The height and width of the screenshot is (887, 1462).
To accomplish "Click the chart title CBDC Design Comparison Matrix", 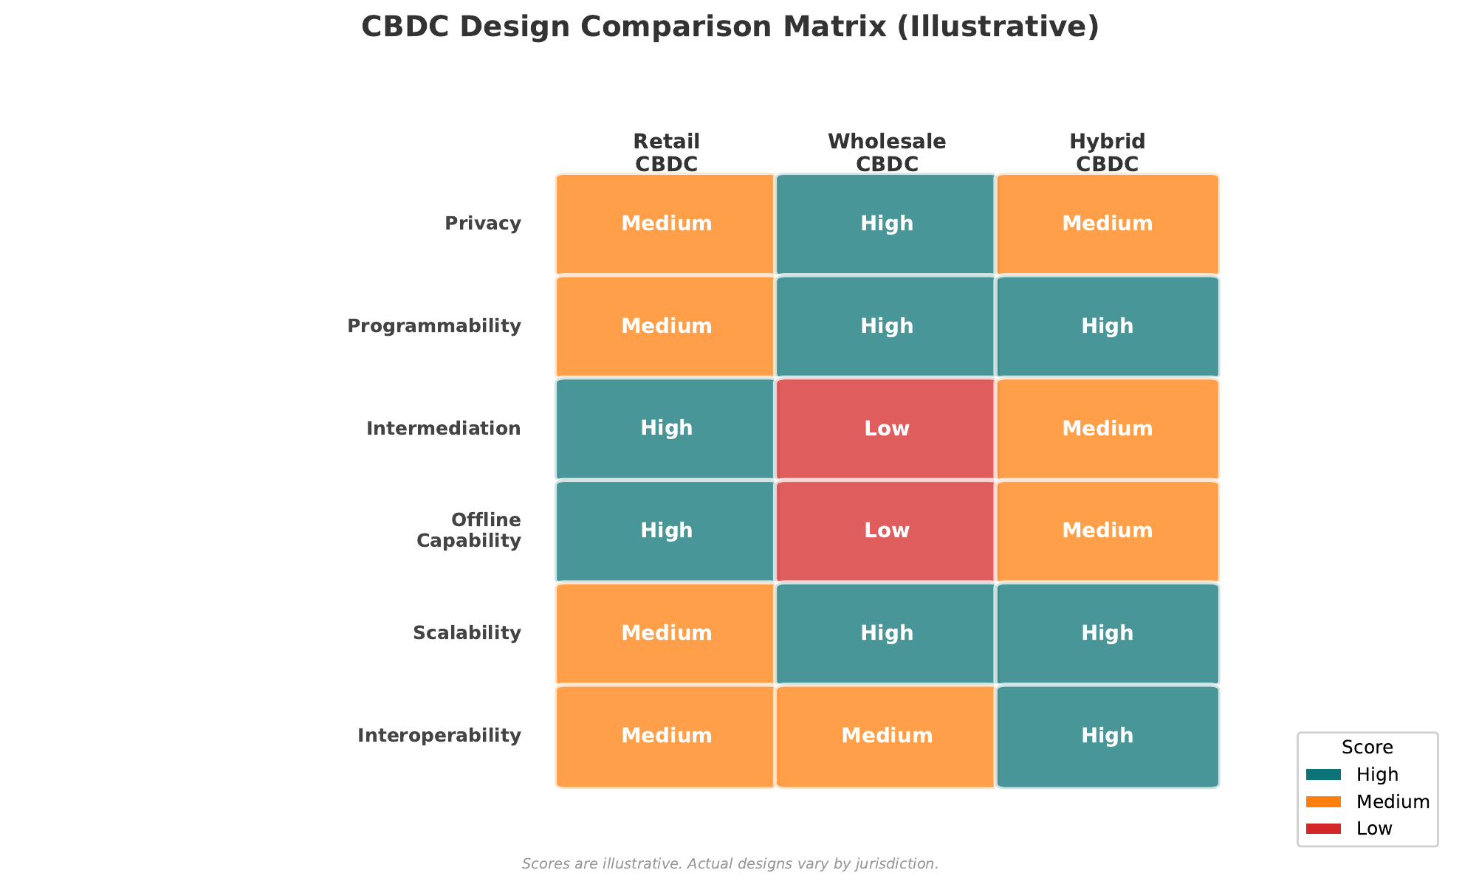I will click(x=730, y=27).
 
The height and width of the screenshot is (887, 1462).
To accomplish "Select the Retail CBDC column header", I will click(x=666, y=152).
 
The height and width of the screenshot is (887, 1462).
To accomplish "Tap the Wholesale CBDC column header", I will click(x=886, y=152).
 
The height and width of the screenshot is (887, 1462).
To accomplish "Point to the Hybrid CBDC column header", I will click(x=1107, y=152).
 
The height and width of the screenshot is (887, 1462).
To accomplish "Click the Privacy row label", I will click(x=483, y=224).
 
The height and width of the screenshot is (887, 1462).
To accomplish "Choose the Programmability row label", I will click(x=434, y=326).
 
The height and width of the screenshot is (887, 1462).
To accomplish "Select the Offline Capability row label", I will click(x=468, y=531).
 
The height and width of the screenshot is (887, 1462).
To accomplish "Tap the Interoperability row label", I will click(x=439, y=736).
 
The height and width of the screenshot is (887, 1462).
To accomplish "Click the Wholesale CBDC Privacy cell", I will click(x=886, y=224).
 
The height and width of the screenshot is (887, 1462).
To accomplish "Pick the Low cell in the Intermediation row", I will click(x=886, y=429).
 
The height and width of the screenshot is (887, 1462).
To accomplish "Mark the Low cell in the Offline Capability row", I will click(x=886, y=531).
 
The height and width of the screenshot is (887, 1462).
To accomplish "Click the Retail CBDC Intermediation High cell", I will click(x=666, y=429).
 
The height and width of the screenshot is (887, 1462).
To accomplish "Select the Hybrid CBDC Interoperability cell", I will click(x=1107, y=736).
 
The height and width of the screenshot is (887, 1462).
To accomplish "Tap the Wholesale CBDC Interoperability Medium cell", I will click(x=886, y=736).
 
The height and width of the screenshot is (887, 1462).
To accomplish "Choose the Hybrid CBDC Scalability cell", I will click(x=1107, y=634).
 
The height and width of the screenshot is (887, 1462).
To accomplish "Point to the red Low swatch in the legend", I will click(x=1323, y=829).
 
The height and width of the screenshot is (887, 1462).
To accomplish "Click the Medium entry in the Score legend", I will click(x=1393, y=802).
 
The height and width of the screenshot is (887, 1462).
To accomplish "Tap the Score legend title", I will click(x=1367, y=748).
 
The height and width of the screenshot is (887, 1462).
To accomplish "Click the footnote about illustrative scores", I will click(x=730, y=863).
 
